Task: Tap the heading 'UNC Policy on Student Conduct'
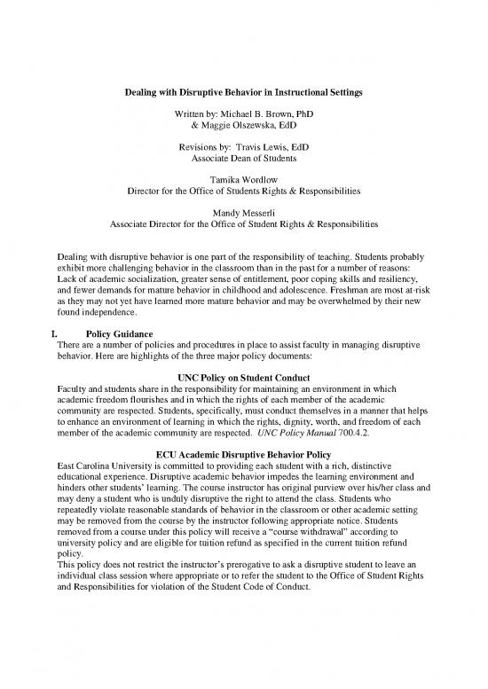(244, 377)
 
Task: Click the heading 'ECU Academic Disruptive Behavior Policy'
(244, 458)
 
